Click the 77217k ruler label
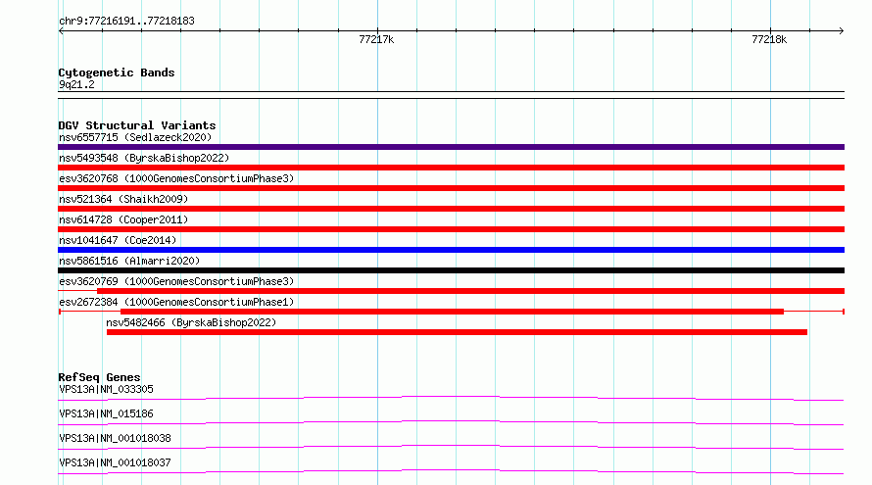pos(376,39)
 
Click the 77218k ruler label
pos(769,39)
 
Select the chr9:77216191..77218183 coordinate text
pos(126,22)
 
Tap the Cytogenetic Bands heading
pos(117,73)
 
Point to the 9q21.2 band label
pos(76,84)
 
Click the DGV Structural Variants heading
pos(137,125)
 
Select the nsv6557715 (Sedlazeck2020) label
pos(135,137)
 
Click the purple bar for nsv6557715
pos(451,147)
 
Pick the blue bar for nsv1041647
pos(451,250)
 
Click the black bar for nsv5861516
pos(451,270)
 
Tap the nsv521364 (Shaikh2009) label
pos(123,199)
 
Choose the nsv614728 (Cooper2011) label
pos(123,219)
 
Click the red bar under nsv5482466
pos(457,332)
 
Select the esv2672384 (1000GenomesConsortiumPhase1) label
pos(176,302)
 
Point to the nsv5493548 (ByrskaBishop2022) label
pos(144,158)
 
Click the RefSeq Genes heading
pos(99,377)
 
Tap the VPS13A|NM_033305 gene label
pos(106,389)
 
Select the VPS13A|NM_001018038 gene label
pos(115,438)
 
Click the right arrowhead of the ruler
pos(842,31)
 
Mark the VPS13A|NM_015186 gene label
pos(106,413)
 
